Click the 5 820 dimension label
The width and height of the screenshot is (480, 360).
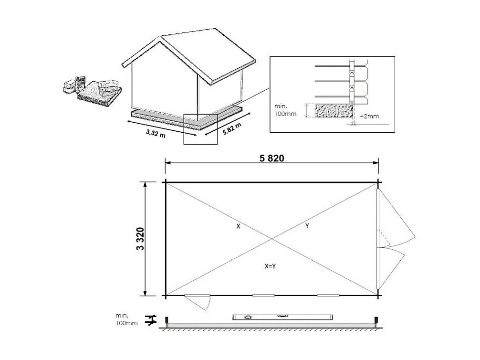[x=272, y=158]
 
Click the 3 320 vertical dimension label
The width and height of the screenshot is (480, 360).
[x=140, y=239]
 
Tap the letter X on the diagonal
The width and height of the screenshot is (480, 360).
[x=238, y=226]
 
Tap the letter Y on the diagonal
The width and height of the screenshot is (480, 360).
[x=307, y=226]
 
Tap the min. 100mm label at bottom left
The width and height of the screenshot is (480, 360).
[x=126, y=319]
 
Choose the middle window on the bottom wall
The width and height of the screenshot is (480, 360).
[x=264, y=296]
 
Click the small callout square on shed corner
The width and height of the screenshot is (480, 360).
[x=201, y=129]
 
